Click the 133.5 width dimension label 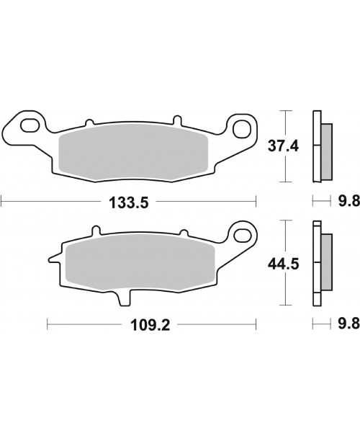[x=128, y=202]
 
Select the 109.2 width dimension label [x=150, y=326]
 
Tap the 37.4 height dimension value [x=283, y=146]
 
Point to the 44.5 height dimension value [x=283, y=264]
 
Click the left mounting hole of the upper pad [x=30, y=125]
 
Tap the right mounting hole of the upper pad [x=241, y=128]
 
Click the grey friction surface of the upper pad [x=133, y=153]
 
